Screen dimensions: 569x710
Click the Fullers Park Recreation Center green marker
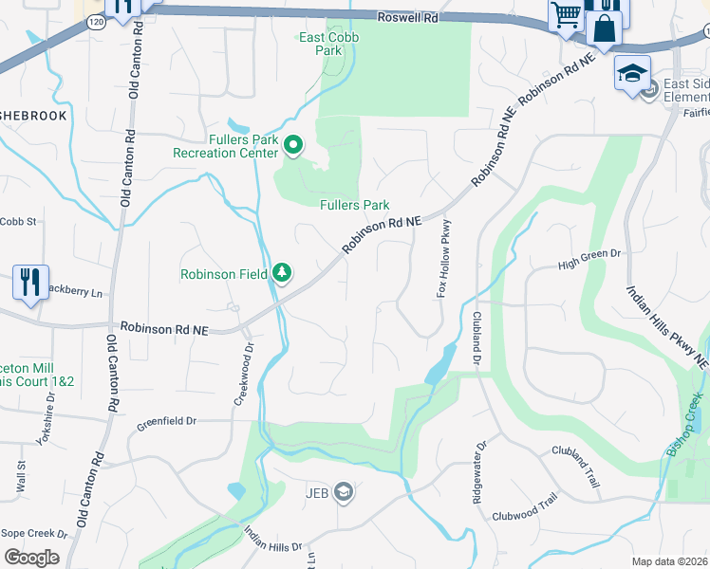pos(293,145)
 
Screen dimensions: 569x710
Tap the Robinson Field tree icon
pos(282,273)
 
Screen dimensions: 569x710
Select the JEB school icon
pos(344,491)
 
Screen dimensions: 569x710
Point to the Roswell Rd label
pos(406,17)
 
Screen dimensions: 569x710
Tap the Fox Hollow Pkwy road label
pos(442,259)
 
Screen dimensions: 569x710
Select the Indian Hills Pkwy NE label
pos(666,326)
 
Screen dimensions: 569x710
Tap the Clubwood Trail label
pos(524,511)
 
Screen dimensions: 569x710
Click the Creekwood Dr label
pos(242,375)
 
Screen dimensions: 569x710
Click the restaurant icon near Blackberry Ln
pos(30,283)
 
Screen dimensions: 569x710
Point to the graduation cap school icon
pos(631,73)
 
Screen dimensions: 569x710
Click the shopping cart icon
pos(566,15)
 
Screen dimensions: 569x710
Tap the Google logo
pos(31,557)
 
